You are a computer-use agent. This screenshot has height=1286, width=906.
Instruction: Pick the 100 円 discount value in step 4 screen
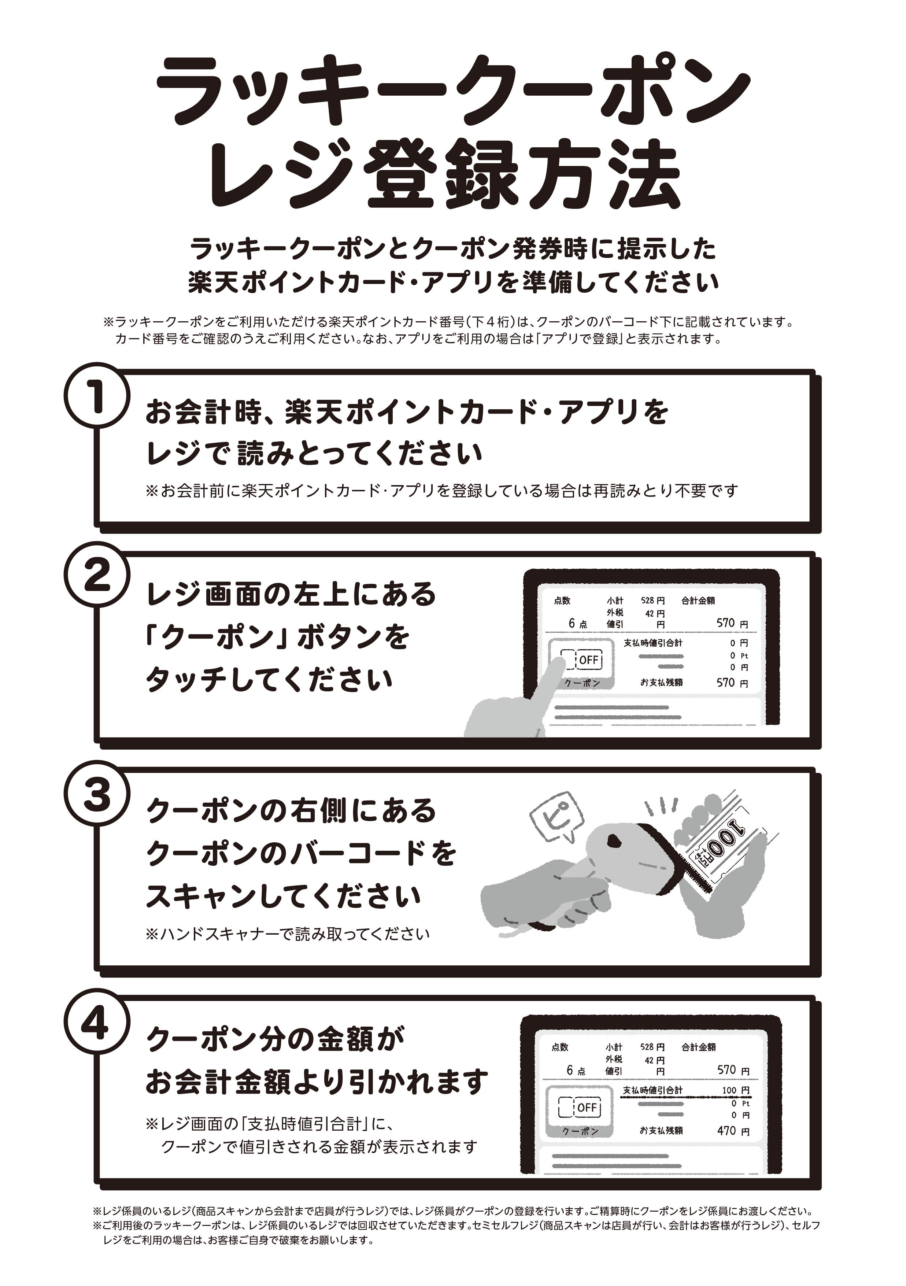735,1090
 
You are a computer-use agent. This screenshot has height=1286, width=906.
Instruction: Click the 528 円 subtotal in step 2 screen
652,601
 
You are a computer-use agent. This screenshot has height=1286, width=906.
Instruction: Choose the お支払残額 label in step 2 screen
661,683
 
